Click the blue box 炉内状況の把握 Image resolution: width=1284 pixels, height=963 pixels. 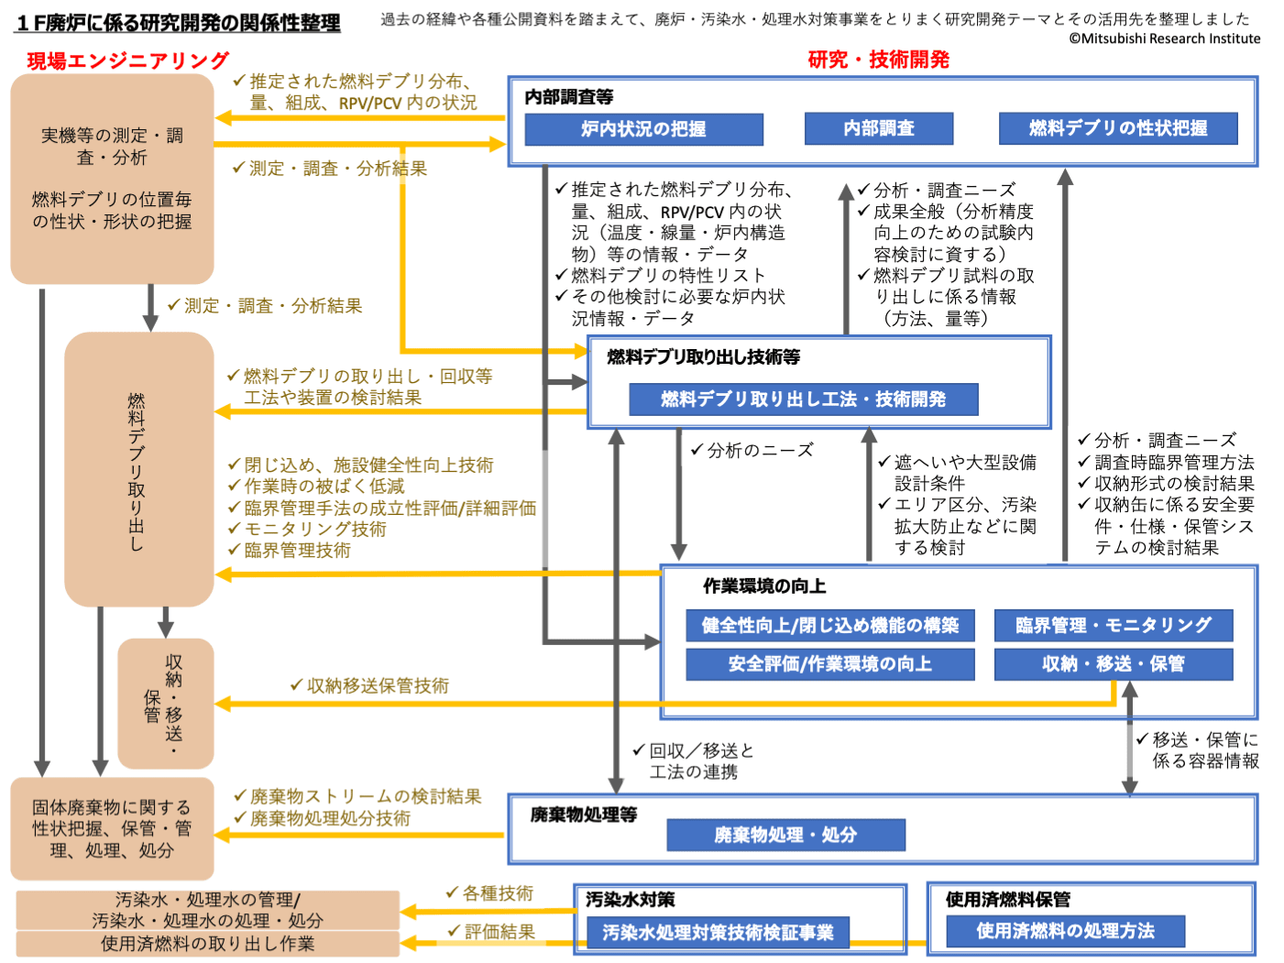click(643, 129)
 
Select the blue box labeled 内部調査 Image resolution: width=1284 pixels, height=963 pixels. click(879, 128)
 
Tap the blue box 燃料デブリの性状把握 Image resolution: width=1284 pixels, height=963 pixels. click(1118, 128)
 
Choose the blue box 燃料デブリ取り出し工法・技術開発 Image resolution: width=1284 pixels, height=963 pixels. click(803, 399)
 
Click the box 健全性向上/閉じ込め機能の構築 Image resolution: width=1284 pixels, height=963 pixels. click(830, 626)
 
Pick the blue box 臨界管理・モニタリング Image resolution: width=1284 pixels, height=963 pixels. click(1114, 626)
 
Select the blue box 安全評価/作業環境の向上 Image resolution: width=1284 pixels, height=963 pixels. click(830, 664)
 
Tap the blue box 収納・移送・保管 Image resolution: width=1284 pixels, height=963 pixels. click(1114, 664)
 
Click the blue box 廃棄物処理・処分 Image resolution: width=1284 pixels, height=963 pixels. click(785, 835)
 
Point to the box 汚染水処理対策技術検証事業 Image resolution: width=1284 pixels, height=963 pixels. click(718, 933)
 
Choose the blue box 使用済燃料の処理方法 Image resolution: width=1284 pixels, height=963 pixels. click(1065, 931)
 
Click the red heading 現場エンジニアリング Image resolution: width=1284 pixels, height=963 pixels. click(128, 60)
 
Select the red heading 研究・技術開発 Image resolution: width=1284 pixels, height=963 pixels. click(878, 60)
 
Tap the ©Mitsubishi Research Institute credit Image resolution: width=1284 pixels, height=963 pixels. click(1164, 38)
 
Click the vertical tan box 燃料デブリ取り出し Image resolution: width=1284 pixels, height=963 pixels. click(138, 469)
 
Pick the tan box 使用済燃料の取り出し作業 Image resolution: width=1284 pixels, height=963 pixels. click(208, 944)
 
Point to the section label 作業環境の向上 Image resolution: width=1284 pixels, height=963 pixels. click(764, 586)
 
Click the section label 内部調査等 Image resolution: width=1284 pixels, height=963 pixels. click(569, 97)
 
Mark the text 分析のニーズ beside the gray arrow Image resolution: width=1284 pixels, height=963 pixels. click(760, 450)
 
